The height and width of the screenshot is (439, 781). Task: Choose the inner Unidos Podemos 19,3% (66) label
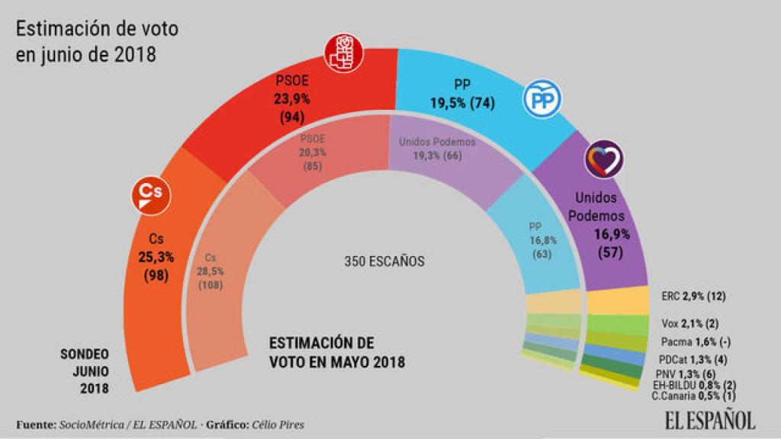[437, 148]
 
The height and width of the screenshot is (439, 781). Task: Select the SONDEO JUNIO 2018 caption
[85, 371]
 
